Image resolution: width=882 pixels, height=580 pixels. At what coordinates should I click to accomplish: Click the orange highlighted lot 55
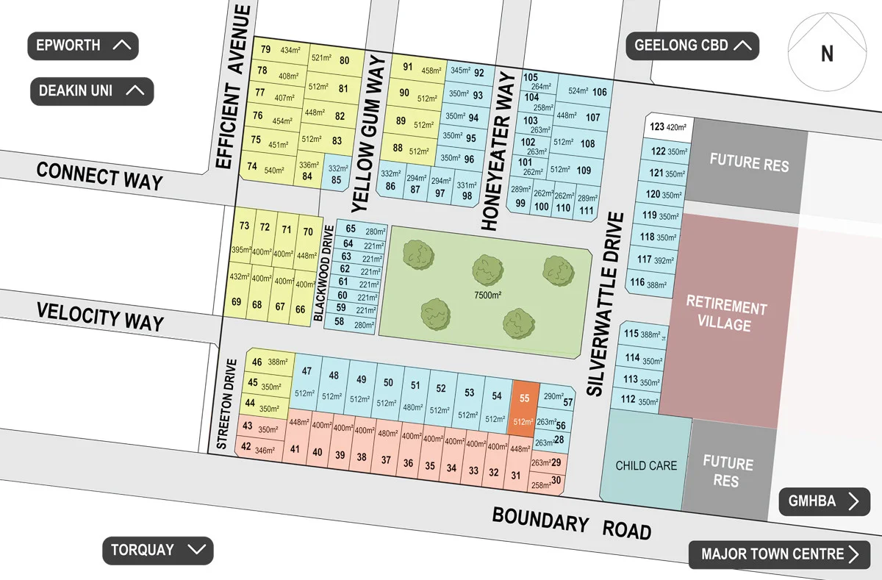click(x=524, y=408)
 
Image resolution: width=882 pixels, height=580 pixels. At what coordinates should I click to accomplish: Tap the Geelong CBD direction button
click(x=692, y=46)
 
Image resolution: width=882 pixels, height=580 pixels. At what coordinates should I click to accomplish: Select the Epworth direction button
click(x=83, y=46)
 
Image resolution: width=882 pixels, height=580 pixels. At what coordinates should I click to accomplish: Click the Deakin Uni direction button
click(x=92, y=91)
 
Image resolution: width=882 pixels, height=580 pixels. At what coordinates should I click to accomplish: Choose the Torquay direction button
click(x=157, y=550)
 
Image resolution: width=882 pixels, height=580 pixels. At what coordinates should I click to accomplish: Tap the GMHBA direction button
click(x=824, y=501)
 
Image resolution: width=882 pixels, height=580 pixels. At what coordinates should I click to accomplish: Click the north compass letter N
click(x=827, y=54)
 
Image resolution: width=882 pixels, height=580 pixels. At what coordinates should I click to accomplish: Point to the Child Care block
click(x=646, y=465)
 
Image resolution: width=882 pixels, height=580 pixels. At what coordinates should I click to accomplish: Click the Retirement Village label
click(x=725, y=315)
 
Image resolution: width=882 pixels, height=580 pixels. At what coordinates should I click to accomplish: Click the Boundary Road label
click(x=571, y=523)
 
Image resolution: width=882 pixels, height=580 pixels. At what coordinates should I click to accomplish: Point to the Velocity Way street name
click(x=101, y=318)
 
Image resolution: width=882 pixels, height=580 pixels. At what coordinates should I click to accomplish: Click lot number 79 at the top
click(x=265, y=50)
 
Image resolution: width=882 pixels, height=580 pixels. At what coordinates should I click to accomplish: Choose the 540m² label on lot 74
click(x=273, y=171)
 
